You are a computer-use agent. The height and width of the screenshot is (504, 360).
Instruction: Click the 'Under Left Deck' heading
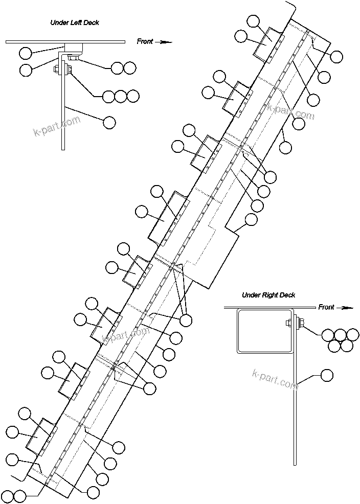pyautogui.click(x=74, y=22)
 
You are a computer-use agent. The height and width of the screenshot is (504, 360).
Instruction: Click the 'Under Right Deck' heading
pyautogui.click(x=268, y=295)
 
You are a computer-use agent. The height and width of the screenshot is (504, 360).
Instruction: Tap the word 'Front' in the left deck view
pyautogui.click(x=145, y=41)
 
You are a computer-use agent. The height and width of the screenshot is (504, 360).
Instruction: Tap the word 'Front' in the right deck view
pyautogui.click(x=326, y=307)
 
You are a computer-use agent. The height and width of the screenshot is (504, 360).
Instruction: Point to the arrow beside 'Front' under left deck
pyautogui.click(x=164, y=42)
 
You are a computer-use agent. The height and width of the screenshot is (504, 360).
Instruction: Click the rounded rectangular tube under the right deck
pyautogui.click(x=264, y=331)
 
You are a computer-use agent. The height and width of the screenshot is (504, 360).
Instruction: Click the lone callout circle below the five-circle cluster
pyautogui.click(x=326, y=376)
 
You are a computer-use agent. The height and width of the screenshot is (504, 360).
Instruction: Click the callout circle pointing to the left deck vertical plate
pyautogui.click(x=109, y=122)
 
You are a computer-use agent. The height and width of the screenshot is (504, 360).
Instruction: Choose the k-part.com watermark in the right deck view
pyautogui.click(x=275, y=379)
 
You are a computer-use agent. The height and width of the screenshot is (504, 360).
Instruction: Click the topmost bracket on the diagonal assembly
pyautogui.click(x=268, y=44)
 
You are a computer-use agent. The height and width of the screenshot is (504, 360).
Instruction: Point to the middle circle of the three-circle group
pyautogui.click(x=121, y=96)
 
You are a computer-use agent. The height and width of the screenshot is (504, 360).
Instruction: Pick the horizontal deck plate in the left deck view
pyautogui.click(x=65, y=41)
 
